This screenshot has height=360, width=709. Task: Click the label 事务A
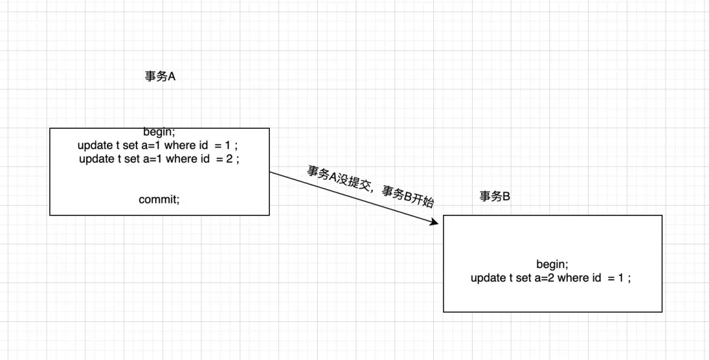(x=160, y=76)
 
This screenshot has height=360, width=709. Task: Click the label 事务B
(x=495, y=196)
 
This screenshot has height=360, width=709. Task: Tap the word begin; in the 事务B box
(x=552, y=264)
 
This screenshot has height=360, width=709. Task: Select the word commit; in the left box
(x=159, y=199)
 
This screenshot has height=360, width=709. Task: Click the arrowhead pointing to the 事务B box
(x=433, y=223)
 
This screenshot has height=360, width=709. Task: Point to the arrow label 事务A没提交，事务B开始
(x=370, y=186)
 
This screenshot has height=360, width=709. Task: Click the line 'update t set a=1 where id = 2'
(x=159, y=159)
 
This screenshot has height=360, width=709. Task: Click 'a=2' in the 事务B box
(x=542, y=278)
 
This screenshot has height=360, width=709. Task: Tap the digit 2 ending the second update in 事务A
(x=230, y=159)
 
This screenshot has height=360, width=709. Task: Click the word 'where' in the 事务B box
(x=573, y=278)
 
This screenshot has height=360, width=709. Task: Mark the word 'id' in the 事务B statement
(x=596, y=278)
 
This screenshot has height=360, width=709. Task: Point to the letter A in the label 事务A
(x=172, y=76)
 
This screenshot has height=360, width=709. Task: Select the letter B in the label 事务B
(x=506, y=196)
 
